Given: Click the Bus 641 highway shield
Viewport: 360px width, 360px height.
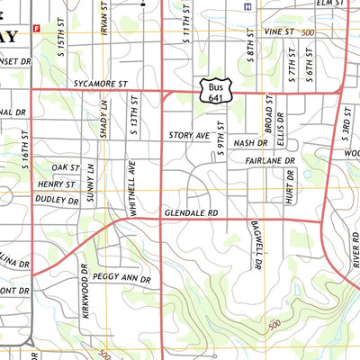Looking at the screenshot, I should click(212, 88).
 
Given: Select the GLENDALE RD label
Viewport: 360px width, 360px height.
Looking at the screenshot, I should click(192, 212).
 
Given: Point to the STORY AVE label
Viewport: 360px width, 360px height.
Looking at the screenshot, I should click(188, 136).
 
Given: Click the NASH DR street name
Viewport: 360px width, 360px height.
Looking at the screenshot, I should click(250, 143).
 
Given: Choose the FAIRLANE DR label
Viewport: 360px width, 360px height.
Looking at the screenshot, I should click(269, 160).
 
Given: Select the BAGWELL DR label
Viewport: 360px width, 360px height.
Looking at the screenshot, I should click(256, 247).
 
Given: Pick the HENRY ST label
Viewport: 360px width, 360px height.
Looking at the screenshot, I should click(57, 184).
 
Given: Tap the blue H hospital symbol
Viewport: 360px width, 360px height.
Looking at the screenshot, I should click(247, 6).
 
